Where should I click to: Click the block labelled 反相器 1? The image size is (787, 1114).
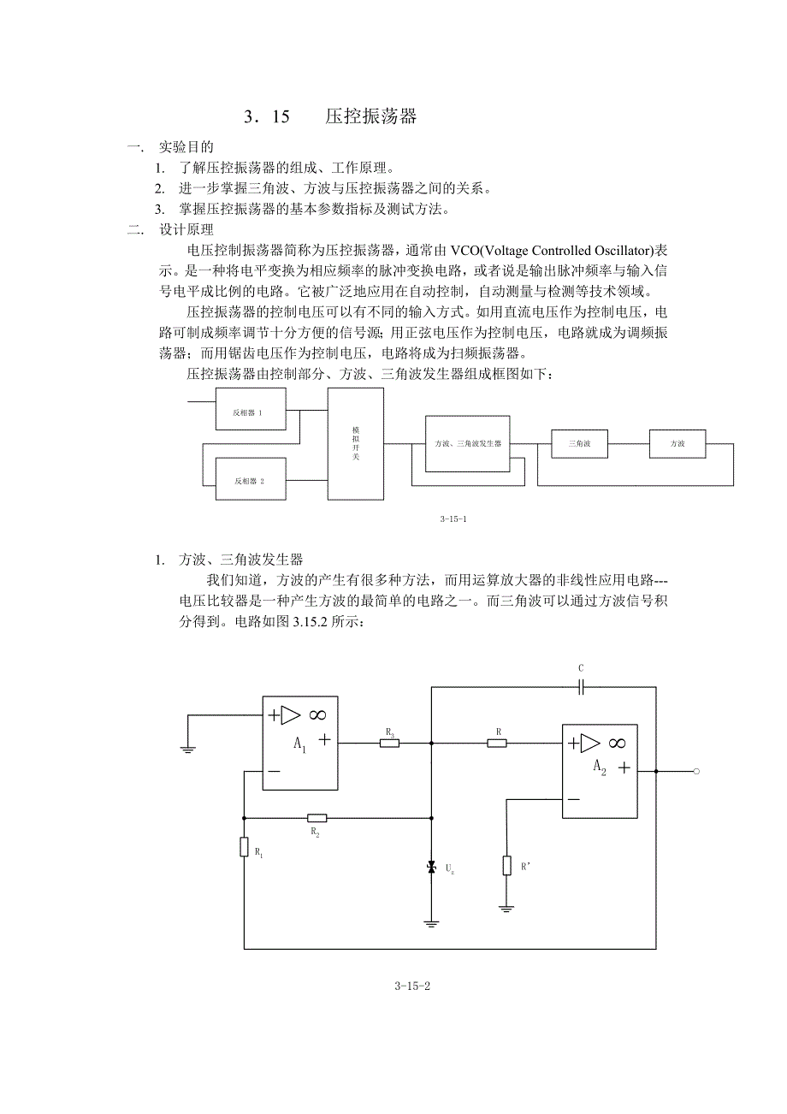tap(249, 412)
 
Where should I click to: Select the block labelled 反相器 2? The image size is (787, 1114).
tap(249, 480)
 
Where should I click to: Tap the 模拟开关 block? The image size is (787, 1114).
tap(356, 444)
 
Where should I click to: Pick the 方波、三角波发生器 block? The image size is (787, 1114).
tap(467, 443)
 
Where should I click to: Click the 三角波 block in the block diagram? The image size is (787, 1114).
tap(580, 443)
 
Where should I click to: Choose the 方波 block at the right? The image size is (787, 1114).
tap(677, 443)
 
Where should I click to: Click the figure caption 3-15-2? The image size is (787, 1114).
tap(412, 986)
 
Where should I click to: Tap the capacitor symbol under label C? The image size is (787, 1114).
tap(581, 686)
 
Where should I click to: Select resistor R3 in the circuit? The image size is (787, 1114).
tap(389, 743)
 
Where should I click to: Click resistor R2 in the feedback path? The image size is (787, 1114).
tap(316, 818)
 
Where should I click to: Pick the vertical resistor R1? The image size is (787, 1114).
tap(244, 846)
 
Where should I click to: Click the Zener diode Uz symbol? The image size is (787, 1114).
tap(432, 868)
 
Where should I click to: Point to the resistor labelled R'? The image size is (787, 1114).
tap(507, 865)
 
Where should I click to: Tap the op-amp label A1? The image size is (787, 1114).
tap(299, 744)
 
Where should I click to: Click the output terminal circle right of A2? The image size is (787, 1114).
tap(696, 771)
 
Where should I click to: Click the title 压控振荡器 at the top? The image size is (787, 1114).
tap(371, 117)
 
